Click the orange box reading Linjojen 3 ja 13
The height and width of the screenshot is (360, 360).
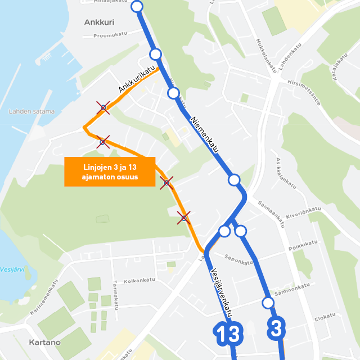tap(109, 172)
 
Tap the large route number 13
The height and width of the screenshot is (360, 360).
tap(227, 334)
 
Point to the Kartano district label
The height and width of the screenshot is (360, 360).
tap(43, 342)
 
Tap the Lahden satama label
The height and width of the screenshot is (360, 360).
tap(32, 111)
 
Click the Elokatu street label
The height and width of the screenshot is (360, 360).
tap(325, 318)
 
